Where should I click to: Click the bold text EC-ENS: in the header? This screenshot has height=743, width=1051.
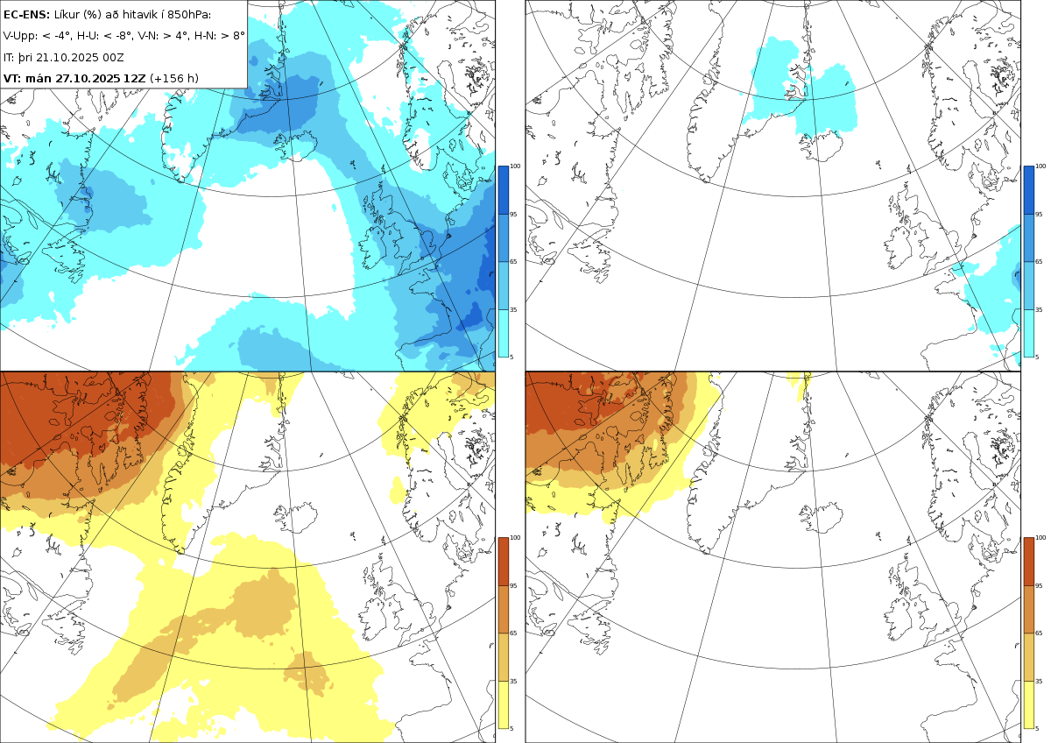tap(27, 14)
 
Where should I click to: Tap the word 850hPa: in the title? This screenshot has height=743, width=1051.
tap(188, 14)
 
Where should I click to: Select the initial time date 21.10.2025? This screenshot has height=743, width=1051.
tap(67, 57)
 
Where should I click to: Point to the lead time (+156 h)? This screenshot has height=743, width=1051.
tap(174, 78)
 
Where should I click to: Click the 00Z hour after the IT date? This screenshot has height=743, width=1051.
tap(116, 57)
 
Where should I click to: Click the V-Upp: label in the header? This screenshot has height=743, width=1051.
tap(21, 36)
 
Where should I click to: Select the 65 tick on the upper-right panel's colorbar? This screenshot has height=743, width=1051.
tap(1040, 262)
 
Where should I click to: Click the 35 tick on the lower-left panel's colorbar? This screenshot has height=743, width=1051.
tap(514, 681)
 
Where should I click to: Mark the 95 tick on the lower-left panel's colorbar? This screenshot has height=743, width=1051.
tap(514, 585)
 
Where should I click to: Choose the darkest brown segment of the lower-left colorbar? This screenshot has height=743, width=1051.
tap(503, 561)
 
